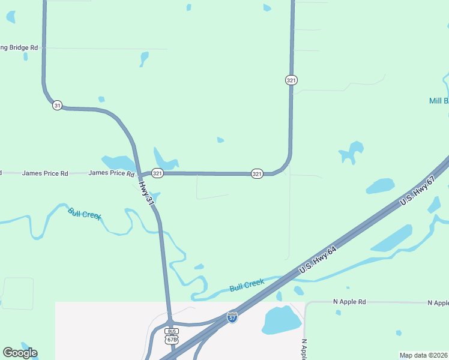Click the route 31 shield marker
(x=57, y=105)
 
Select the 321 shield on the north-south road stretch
(x=291, y=80)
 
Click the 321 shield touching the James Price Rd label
(x=157, y=173)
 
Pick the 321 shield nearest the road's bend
(x=257, y=173)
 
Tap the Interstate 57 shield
(x=232, y=317)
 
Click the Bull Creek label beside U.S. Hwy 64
(x=247, y=284)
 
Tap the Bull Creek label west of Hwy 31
(x=85, y=213)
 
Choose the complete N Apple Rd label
(x=349, y=302)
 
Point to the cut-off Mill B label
(x=438, y=101)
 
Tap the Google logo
(x=20, y=353)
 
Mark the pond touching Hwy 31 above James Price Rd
(x=118, y=163)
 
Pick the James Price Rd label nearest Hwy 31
(x=112, y=173)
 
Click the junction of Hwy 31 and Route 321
(x=140, y=176)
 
